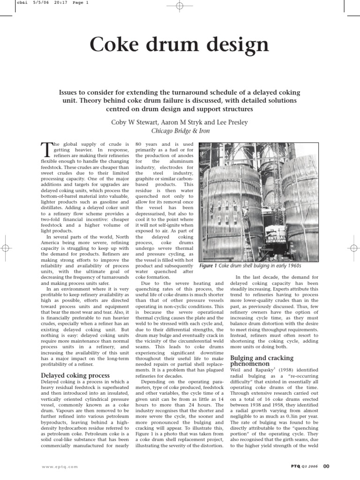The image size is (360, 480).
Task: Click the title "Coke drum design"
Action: tap(180, 45)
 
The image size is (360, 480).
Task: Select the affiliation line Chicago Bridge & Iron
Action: tap(180, 131)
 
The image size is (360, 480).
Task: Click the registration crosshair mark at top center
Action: tap(180, 6)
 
